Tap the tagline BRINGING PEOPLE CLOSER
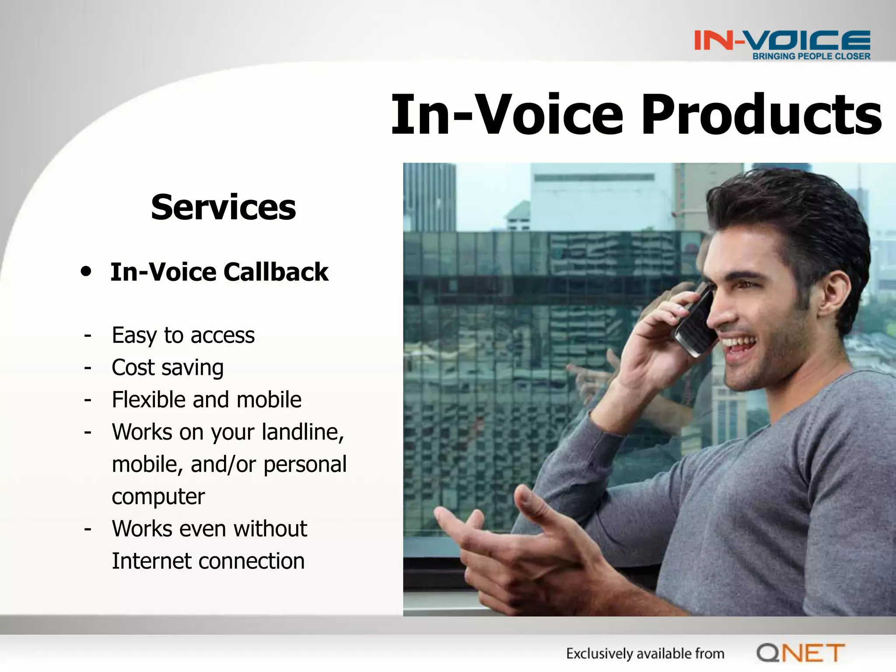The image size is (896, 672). point(811,56)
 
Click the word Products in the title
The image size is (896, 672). point(761,115)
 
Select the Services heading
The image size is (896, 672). point(223,207)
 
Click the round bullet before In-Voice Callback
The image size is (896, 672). point(86,271)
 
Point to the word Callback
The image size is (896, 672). point(276,272)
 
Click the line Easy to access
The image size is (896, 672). point(183,336)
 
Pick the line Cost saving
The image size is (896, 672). point(168,367)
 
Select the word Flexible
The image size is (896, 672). point(149,400)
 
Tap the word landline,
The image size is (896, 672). point(303,432)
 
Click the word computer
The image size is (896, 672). point(158,497)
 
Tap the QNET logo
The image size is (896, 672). point(800,653)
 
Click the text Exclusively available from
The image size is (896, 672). point(645,654)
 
